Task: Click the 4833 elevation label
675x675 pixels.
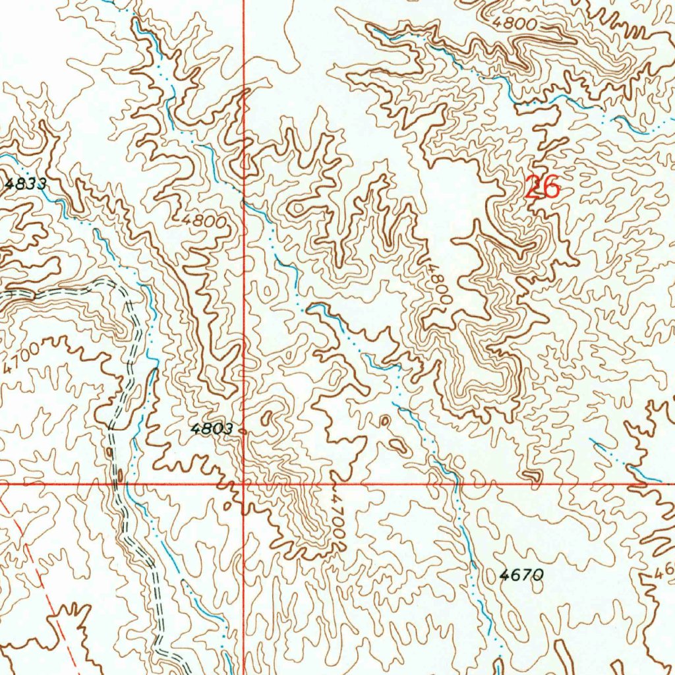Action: click(x=25, y=185)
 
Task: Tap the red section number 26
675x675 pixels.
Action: click(x=543, y=188)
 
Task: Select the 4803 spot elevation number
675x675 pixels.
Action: click(x=212, y=429)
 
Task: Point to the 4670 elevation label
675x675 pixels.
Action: click(x=521, y=575)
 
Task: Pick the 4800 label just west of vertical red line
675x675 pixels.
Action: click(x=205, y=221)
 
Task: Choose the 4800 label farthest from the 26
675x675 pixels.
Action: click(x=205, y=221)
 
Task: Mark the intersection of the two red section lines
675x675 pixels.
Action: click(x=244, y=484)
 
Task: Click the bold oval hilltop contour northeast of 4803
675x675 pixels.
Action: click(x=268, y=418)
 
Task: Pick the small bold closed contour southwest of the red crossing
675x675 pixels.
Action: click(x=227, y=506)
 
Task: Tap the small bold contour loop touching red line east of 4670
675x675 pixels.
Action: click(x=529, y=476)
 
